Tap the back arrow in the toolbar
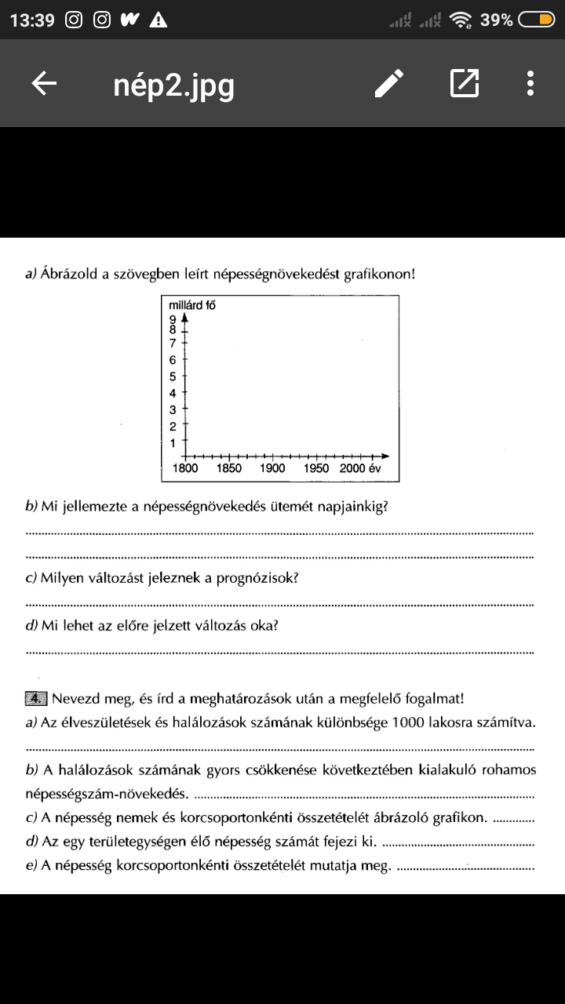[44, 84]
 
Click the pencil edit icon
[389, 83]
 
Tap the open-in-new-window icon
[465, 83]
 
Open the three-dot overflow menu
[530, 83]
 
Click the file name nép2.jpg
[173, 85]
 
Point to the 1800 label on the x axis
[185, 468]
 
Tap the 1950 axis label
[315, 468]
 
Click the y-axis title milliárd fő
[191, 304]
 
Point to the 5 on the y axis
[173, 376]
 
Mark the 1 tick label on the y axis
[173, 443]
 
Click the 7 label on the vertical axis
[173, 342]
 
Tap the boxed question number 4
[37, 698]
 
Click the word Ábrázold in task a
[72, 275]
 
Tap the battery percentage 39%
[497, 20]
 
